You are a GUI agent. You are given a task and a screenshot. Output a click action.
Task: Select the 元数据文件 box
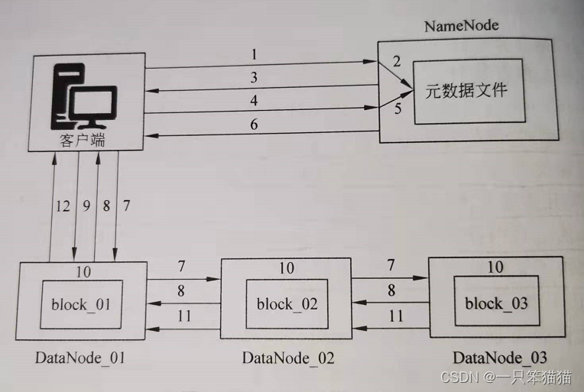coord(469,90)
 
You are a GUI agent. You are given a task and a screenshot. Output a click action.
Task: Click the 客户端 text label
coord(79,141)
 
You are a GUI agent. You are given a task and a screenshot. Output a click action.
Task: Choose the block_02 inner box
coord(286,303)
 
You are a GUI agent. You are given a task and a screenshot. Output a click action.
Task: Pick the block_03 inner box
coord(496,303)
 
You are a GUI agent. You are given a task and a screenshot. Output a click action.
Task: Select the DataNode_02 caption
coord(287,358)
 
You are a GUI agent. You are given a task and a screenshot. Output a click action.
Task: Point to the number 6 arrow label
coord(254,124)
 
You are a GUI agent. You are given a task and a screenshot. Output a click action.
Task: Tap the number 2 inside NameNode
coord(397,61)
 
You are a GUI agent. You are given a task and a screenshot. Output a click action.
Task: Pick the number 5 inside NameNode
coord(397,109)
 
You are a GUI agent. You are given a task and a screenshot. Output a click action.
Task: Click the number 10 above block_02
coord(286,268)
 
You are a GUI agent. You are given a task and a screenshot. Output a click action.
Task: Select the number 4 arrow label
coord(253,101)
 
